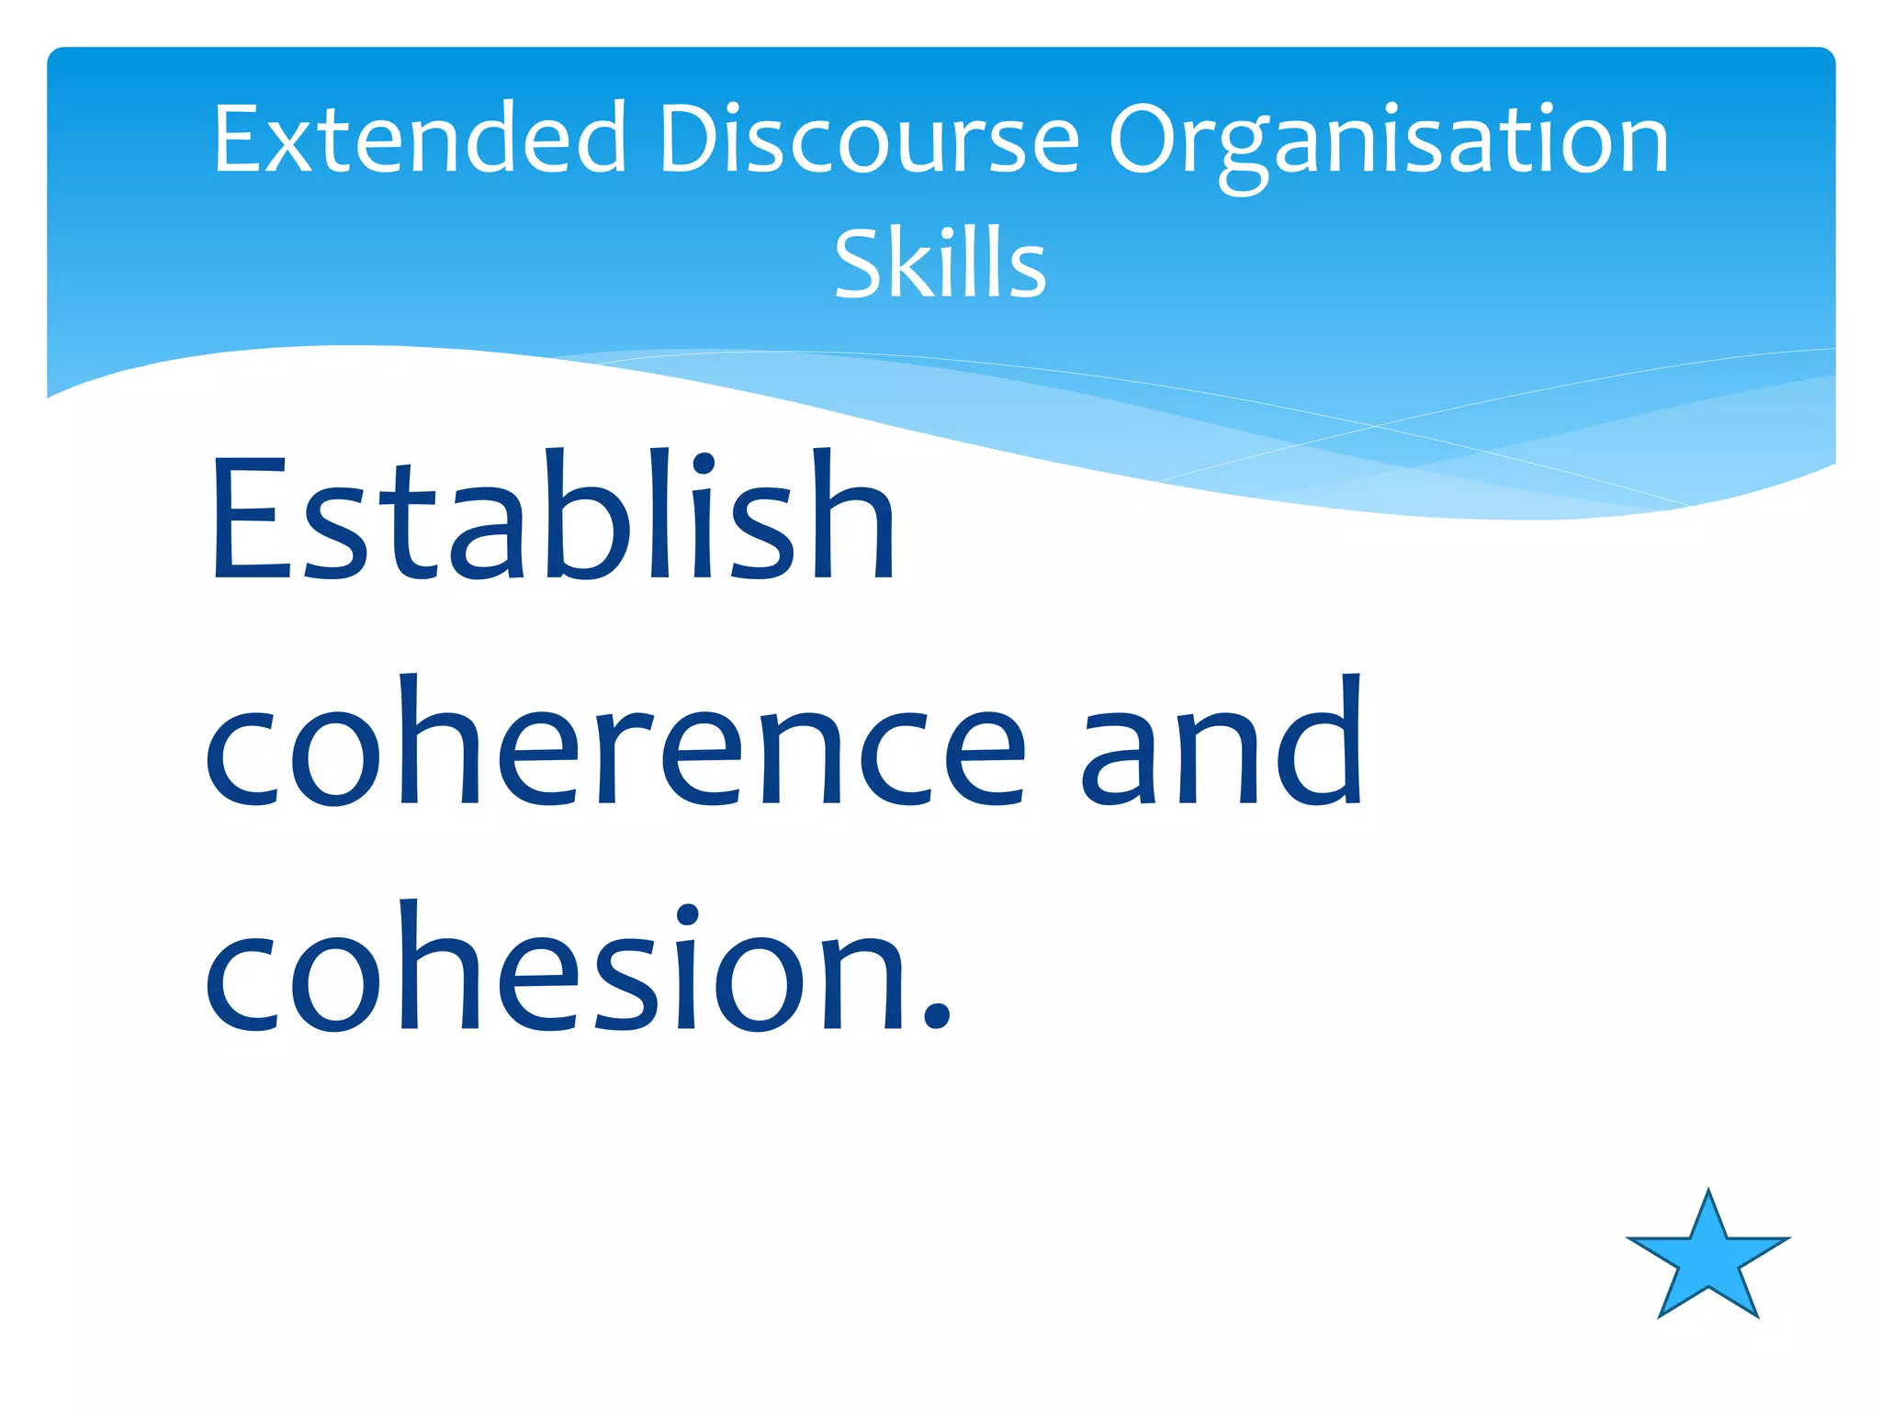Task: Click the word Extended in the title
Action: pos(419,140)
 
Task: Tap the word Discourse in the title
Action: pos(868,140)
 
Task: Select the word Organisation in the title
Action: pos(1388,142)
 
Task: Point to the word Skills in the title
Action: pos(940,264)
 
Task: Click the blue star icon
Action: pos(1707,1261)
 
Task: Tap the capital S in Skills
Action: pos(858,264)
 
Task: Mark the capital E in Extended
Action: pos(238,140)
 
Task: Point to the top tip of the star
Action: pos(1708,1192)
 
